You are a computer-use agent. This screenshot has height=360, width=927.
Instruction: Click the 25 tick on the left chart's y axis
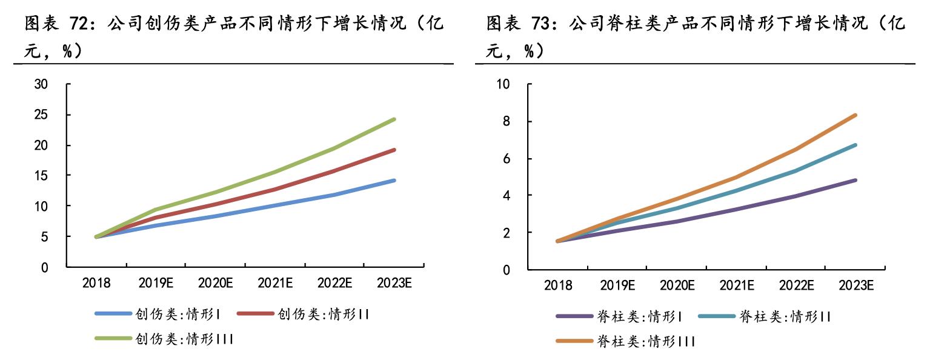point(48,115)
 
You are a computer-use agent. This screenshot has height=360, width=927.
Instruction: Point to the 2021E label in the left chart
point(275,283)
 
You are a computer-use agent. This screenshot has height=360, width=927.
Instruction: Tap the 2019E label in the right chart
point(616,285)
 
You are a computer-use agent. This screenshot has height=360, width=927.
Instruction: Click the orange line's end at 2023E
point(856,115)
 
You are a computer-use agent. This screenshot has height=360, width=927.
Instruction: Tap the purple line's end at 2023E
point(856,180)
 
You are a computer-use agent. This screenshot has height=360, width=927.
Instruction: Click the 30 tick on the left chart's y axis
point(48,84)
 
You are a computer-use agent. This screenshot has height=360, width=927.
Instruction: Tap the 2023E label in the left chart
point(394,283)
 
